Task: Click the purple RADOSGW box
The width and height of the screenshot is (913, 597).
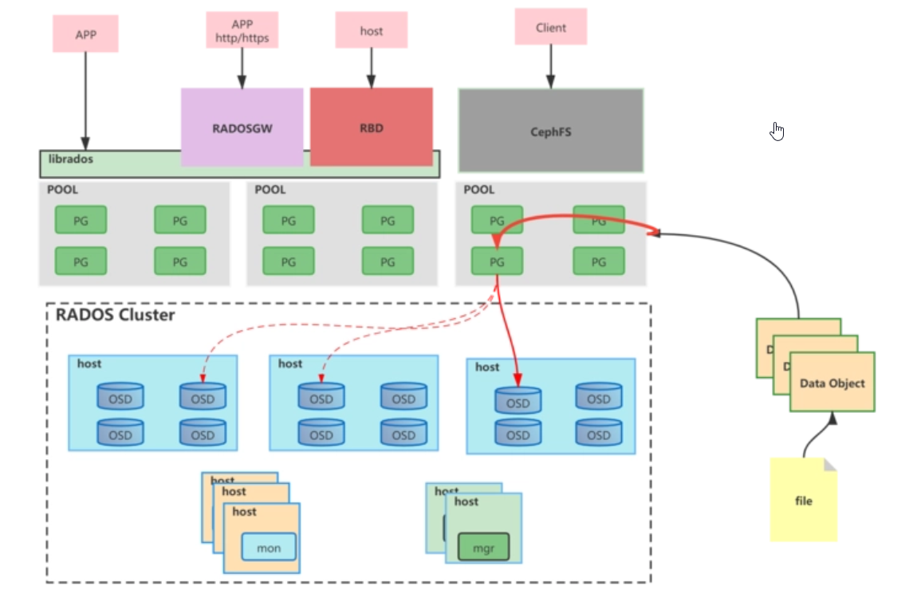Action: pyautogui.click(x=242, y=127)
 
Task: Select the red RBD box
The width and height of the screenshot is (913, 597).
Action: pyautogui.click(x=371, y=127)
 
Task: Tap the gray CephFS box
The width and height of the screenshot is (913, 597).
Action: pyautogui.click(x=550, y=131)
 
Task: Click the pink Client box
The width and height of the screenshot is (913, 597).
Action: pyautogui.click(x=550, y=27)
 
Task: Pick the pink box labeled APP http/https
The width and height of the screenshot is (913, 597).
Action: pyautogui.click(x=242, y=30)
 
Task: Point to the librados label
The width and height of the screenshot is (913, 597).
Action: pyautogui.click(x=71, y=159)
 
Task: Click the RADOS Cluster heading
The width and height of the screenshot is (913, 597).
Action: pyautogui.click(x=115, y=315)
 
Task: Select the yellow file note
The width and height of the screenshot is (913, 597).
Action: pyautogui.click(x=804, y=501)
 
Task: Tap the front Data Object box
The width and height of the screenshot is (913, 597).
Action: pyautogui.click(x=832, y=383)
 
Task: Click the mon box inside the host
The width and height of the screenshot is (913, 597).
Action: pyautogui.click(x=269, y=548)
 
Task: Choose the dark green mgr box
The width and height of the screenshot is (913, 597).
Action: pyautogui.click(x=483, y=548)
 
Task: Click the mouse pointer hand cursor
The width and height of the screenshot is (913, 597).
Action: pyautogui.click(x=777, y=132)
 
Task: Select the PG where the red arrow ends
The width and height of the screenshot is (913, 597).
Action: pyautogui.click(x=497, y=261)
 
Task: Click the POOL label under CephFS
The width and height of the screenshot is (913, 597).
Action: pyautogui.click(x=478, y=190)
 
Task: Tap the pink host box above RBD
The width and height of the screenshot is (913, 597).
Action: pyautogui.click(x=371, y=31)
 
